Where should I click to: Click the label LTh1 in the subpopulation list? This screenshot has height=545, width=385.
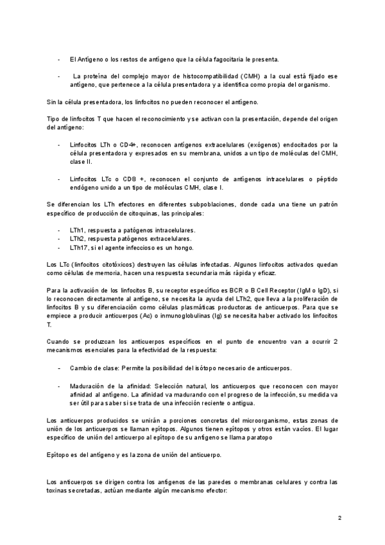click(x=79, y=229)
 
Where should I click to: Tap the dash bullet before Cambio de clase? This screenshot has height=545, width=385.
click(x=60, y=368)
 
